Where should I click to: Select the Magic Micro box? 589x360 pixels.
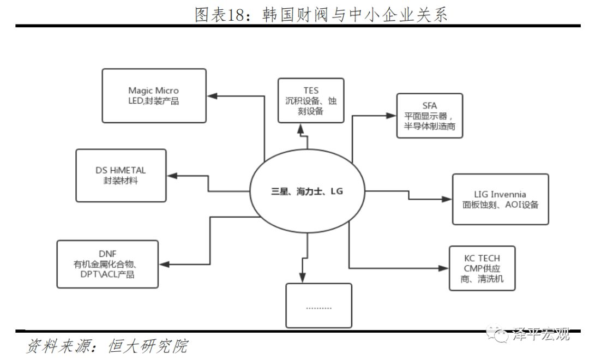pos(154,95)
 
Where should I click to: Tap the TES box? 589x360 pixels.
pos(311,100)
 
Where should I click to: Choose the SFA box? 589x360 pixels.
pos(429,116)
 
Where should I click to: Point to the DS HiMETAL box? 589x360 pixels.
pos(121,175)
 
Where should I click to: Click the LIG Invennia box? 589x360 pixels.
pos(500,199)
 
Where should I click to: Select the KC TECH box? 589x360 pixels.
pos(482,267)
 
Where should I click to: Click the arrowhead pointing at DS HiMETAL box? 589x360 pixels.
pos(172,176)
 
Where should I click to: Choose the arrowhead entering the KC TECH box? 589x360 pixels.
pos(444,268)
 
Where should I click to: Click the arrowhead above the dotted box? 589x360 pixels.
pos(301,277)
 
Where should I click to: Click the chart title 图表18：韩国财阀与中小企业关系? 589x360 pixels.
pos(321,14)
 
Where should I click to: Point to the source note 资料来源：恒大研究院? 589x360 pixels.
pos(107,346)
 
